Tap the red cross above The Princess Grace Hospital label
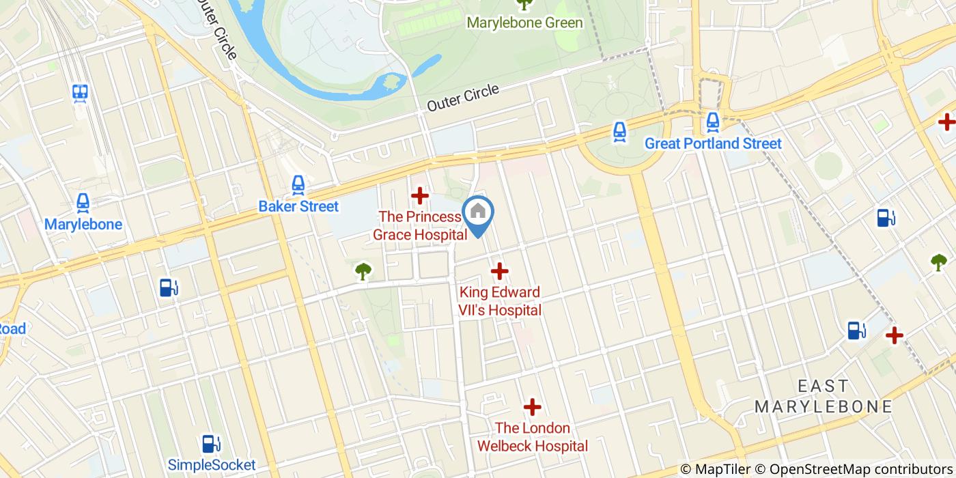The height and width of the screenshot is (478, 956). [x=419, y=196]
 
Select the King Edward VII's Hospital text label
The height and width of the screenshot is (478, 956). [x=500, y=301]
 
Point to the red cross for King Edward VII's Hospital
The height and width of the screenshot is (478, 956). [x=500, y=271]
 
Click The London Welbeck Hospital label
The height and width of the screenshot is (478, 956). [x=532, y=437]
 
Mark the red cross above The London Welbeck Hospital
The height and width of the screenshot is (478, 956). [x=532, y=408]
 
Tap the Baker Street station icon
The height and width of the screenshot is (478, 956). [x=298, y=184]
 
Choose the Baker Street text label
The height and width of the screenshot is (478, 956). [x=298, y=206]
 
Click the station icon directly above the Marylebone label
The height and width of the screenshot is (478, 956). [x=83, y=203]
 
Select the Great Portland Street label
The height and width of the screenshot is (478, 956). [x=713, y=143]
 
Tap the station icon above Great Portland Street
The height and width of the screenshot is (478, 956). [x=713, y=122]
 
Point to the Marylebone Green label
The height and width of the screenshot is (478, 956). [x=524, y=23]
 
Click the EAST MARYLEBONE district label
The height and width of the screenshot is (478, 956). [x=823, y=397]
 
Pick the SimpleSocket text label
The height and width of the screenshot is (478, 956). [x=212, y=465]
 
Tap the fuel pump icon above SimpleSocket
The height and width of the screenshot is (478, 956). [x=212, y=444]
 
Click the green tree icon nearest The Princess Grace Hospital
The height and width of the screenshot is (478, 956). [x=363, y=272]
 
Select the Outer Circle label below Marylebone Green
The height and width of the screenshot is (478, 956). [x=463, y=98]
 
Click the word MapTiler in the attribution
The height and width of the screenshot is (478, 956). [x=724, y=469]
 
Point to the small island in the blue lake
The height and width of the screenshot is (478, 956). [x=392, y=82]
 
